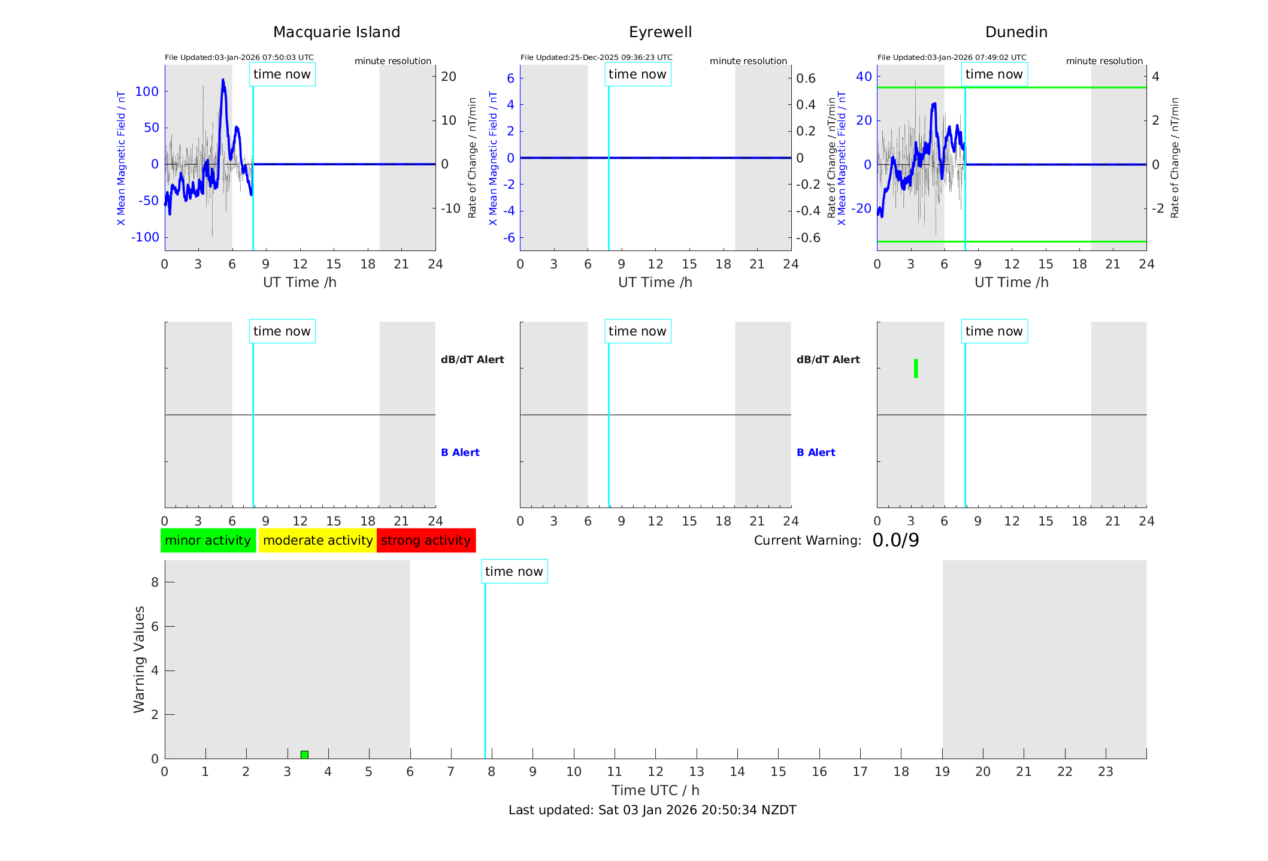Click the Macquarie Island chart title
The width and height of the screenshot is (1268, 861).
click(x=336, y=32)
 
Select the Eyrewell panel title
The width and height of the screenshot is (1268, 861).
click(x=660, y=32)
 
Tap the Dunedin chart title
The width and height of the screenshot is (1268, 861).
click(x=1016, y=32)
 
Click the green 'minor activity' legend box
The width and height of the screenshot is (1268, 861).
click(x=208, y=540)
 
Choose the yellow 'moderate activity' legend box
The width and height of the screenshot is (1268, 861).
click(x=317, y=540)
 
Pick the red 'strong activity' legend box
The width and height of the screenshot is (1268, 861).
click(x=426, y=540)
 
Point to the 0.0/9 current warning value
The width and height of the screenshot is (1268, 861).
click(x=895, y=540)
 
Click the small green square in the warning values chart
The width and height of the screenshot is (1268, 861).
click(x=304, y=754)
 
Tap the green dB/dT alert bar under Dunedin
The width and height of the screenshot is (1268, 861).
click(x=916, y=368)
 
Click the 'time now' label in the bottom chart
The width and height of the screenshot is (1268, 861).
click(x=514, y=572)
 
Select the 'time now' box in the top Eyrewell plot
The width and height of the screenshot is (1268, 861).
click(x=637, y=74)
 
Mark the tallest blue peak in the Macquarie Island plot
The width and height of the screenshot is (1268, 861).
click(x=223, y=80)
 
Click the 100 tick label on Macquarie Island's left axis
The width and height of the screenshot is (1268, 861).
click(x=147, y=92)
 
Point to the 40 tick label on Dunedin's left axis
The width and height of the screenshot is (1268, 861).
click(x=864, y=77)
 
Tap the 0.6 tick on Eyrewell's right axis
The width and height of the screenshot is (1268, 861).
click(x=806, y=78)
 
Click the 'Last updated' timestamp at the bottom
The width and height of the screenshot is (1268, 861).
click(x=652, y=810)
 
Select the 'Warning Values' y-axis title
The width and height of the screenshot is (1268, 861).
click(x=139, y=659)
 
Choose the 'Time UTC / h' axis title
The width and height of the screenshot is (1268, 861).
click(x=655, y=790)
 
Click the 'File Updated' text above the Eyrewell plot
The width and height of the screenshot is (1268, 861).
click(x=596, y=58)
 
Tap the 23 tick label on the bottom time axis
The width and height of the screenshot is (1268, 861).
click(x=1105, y=772)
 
